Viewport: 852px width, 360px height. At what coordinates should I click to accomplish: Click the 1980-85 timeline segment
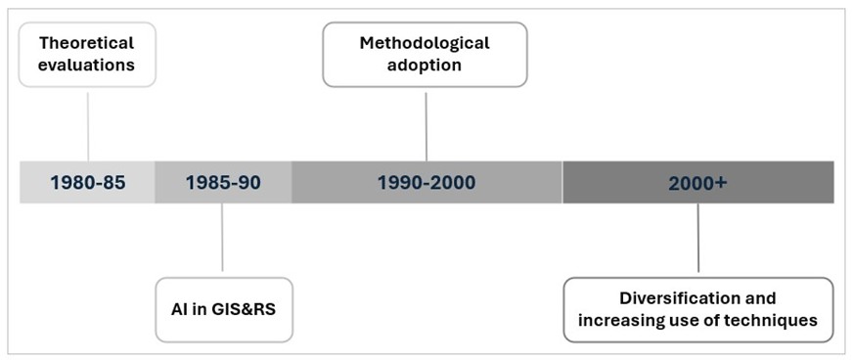tap(87, 182)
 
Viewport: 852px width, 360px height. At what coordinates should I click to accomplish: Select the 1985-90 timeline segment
tap(222, 182)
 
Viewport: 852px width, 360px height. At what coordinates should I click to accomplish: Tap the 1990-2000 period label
tap(426, 182)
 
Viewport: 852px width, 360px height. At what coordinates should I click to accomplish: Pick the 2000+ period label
tap(697, 182)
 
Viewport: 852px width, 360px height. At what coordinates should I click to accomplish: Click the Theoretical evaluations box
tap(87, 55)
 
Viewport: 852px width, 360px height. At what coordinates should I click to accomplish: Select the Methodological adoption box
tap(425, 55)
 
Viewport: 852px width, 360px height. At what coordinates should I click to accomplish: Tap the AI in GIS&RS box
tap(224, 309)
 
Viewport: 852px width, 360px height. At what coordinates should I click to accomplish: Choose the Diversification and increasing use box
tap(697, 309)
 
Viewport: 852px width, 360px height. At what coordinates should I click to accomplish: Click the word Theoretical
tap(87, 43)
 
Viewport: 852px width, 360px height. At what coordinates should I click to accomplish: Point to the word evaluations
tap(87, 67)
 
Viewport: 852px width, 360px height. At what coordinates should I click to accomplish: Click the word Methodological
tap(425, 43)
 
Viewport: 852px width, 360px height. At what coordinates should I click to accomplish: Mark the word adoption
tap(425, 67)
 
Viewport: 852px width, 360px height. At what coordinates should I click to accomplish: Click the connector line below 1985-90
tap(222, 237)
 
